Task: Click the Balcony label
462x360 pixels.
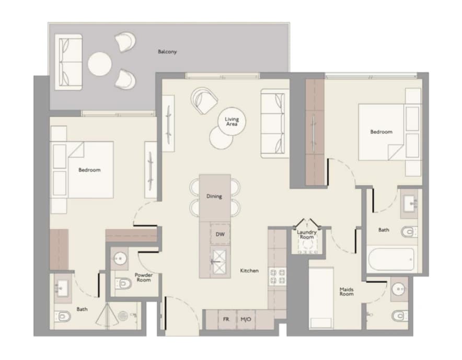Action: click(167, 52)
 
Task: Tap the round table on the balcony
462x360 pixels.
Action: click(100, 64)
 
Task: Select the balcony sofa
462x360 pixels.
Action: click(68, 62)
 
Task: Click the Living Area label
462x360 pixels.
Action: click(232, 121)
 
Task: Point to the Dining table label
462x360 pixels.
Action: click(214, 196)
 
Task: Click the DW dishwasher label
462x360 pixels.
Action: click(220, 234)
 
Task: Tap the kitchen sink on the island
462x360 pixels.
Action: click(219, 261)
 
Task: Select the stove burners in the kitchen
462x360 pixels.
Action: click(278, 276)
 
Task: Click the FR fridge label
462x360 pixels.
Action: click(226, 319)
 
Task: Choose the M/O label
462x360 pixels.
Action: click(246, 319)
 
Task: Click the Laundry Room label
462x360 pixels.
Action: click(307, 235)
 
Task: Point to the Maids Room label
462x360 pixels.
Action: click(346, 292)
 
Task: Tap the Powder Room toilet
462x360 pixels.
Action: click(123, 283)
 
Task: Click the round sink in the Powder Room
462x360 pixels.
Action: click(120, 259)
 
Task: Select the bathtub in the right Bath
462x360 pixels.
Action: click(391, 259)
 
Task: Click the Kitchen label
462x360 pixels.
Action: click(249, 271)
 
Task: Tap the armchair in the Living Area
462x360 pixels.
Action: click(204, 100)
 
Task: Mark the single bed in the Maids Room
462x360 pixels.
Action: click(321, 298)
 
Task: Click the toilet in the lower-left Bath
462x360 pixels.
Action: click(63, 317)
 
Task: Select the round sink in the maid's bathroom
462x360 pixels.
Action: click(399, 289)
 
